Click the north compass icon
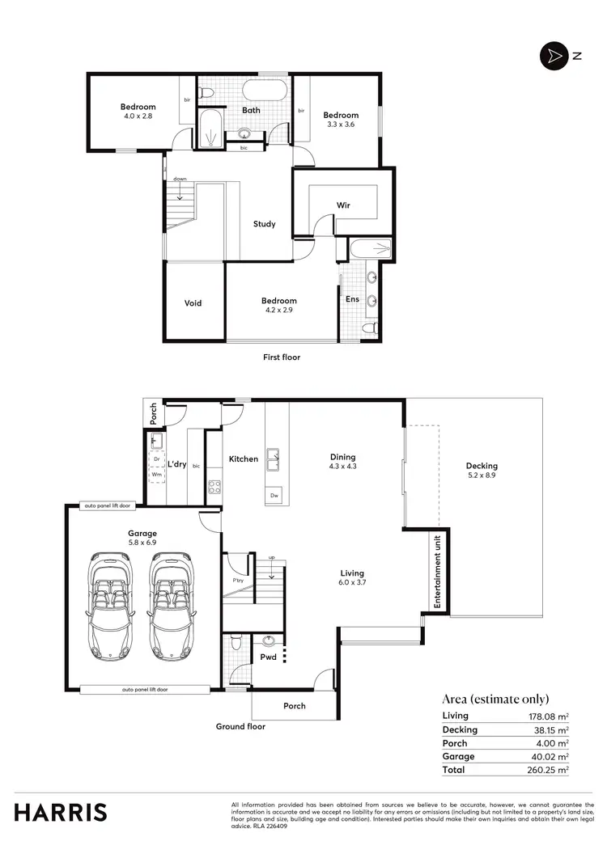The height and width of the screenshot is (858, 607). tap(554, 56)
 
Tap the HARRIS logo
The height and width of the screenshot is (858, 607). tap(60, 812)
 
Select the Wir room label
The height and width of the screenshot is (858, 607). tap(343, 205)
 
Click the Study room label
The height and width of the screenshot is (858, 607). tap(264, 224)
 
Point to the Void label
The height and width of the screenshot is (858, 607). tap(193, 303)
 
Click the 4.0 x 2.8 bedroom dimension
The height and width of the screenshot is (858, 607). tap(138, 116)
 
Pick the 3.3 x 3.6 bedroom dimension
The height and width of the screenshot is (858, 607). tap(340, 125)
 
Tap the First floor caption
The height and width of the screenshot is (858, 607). tap(282, 357)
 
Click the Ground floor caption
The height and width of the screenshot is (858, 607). tap(240, 726)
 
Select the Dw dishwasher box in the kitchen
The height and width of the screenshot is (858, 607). tap(275, 495)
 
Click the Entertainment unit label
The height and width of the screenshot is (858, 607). tap(437, 571)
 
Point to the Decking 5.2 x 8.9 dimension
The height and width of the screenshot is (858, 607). tap(482, 475)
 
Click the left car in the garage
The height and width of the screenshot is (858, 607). tap(111, 604)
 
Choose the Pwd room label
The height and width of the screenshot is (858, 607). tap(268, 657)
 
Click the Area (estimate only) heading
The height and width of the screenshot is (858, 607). tap(495, 699)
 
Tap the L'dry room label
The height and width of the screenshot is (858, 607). tap(177, 464)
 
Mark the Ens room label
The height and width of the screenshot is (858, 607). tap(353, 299)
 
